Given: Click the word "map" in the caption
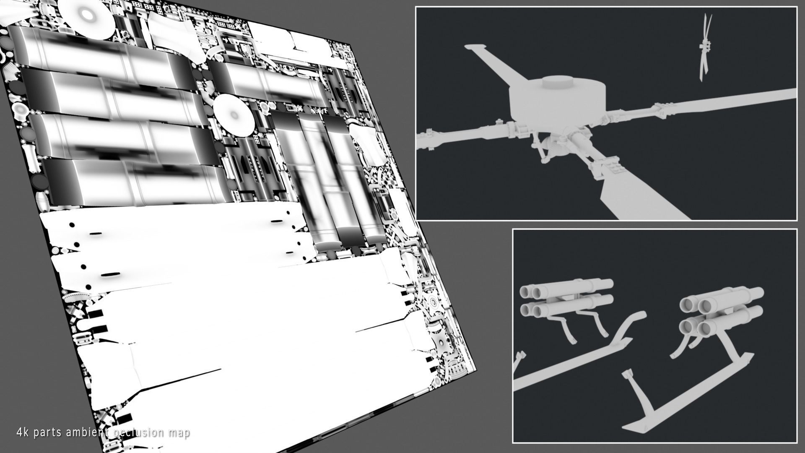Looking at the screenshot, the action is (178, 434).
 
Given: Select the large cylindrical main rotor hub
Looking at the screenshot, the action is (558, 101).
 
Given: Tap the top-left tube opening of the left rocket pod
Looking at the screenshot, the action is (525, 291).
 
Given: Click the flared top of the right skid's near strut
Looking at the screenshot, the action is (627, 373).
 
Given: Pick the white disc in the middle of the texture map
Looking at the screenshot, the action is (234, 114).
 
